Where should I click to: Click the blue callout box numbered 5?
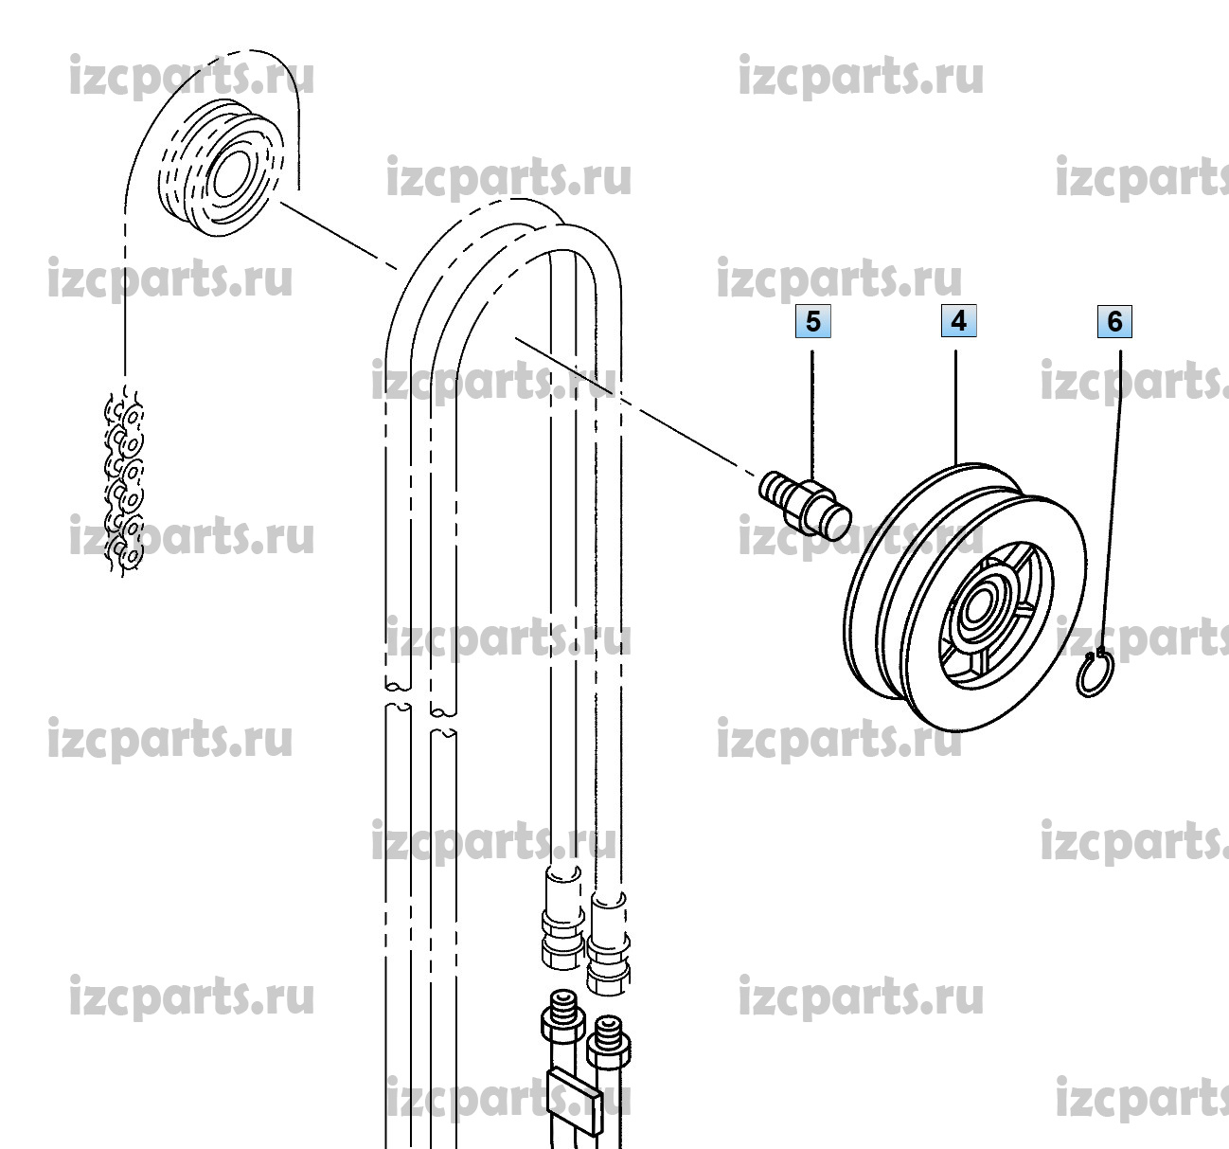pos(812,321)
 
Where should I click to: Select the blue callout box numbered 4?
pos(958,321)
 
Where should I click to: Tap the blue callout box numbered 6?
pos(1114,321)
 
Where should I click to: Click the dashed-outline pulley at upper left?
pos(221,168)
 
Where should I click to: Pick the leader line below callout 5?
pos(812,416)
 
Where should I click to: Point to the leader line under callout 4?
pos(956,407)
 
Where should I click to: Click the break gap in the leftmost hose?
pos(398,696)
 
